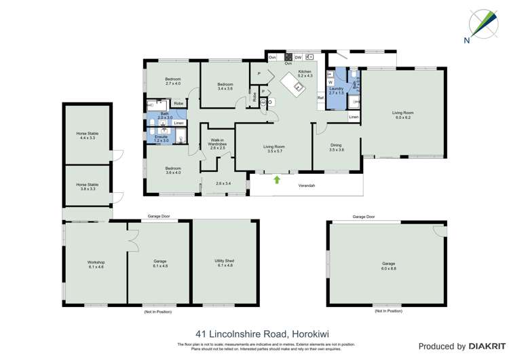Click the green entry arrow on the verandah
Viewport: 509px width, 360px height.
coord(277,180)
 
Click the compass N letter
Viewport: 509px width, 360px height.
coord(467,40)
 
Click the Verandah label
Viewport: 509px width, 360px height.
coord(307,185)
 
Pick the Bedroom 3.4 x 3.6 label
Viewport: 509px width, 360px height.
coord(225,86)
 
